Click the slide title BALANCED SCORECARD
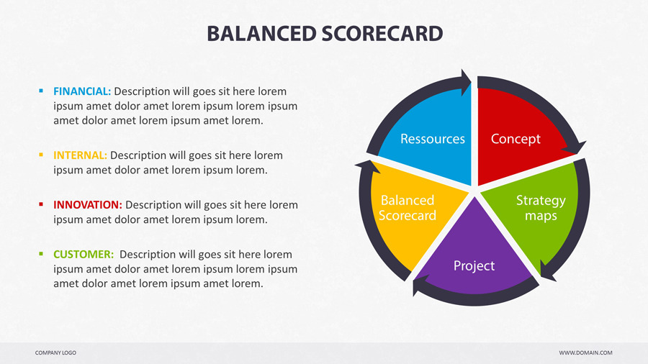324,33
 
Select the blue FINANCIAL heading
82,91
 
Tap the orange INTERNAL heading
80,155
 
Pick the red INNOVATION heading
87,205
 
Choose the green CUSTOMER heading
84,254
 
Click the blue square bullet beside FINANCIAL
41,91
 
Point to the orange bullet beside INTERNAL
41,155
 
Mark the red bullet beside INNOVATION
41,205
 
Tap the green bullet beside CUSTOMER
41,254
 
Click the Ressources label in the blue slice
432,138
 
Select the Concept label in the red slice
516,138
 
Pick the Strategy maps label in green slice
541,208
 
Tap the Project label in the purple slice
474,265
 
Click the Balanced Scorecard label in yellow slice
408,208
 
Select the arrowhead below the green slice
548,271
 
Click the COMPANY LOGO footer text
55,352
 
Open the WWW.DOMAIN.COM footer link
585,352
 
